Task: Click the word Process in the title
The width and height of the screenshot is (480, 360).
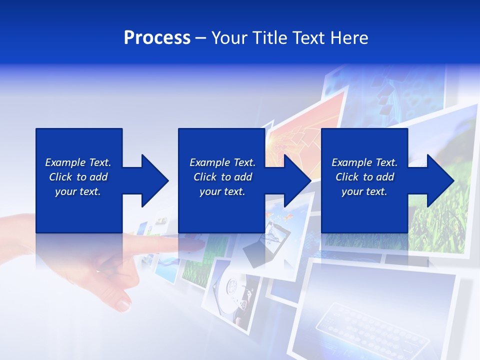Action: coord(157,37)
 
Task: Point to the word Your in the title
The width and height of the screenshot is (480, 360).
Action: coord(229,37)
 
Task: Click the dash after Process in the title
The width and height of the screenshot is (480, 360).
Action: coord(201,38)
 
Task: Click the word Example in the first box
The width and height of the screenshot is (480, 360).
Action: coord(65,162)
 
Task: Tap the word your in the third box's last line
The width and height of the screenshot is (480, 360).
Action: coord(352,191)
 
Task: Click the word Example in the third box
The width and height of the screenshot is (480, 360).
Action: coord(352,162)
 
